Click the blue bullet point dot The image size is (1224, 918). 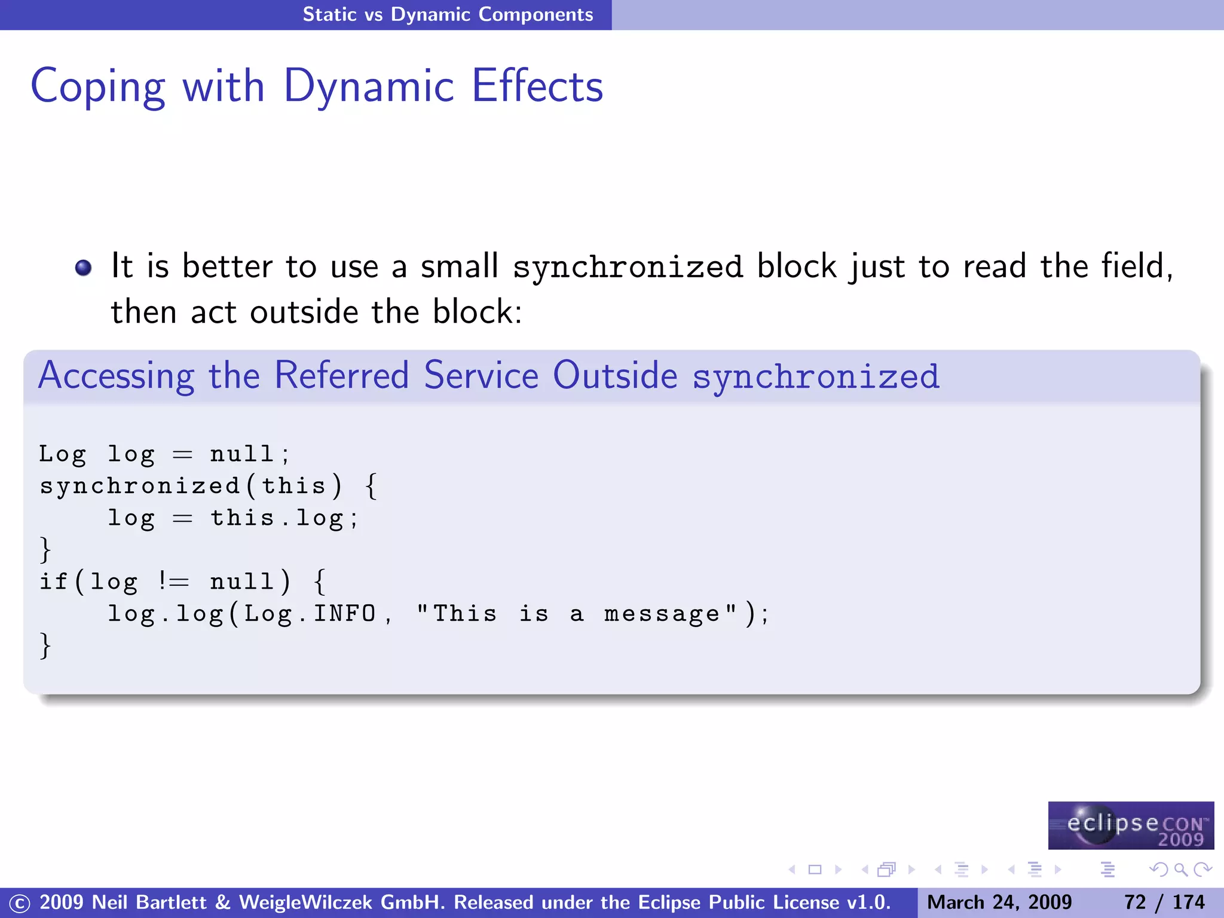coord(84,267)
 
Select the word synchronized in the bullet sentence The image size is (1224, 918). coord(628,267)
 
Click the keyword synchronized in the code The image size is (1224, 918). coord(140,486)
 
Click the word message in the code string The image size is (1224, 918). coord(662,614)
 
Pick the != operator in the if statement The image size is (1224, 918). coord(173,582)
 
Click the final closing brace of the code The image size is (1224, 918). coord(45,646)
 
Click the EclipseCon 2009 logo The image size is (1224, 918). coord(1131,825)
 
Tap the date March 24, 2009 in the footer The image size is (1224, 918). coord(999,902)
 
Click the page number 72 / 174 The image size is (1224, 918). coord(1164,902)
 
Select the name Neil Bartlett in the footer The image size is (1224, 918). coord(149,902)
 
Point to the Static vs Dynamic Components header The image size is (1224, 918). coord(448,14)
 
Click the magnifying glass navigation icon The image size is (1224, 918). coord(1180,870)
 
